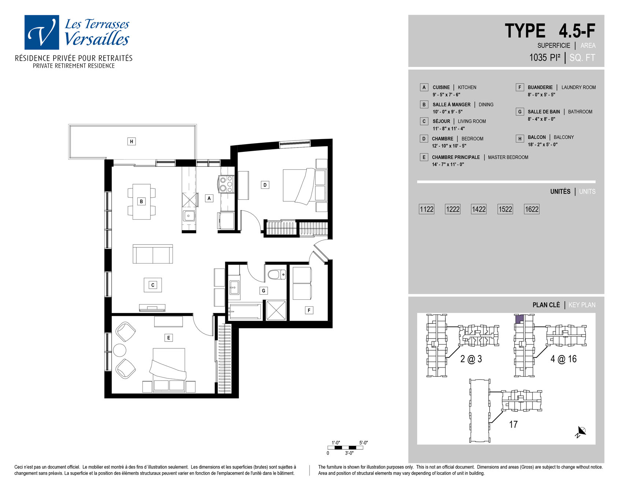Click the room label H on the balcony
coord(131,141)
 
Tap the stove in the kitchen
coord(226,184)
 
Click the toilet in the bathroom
coord(277,274)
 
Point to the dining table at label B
coord(141,202)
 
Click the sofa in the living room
coord(152,254)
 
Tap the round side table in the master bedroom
coord(120,350)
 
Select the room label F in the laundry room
coord(309,310)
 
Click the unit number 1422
coord(479,209)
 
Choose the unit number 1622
coord(532,209)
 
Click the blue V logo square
coord(42,32)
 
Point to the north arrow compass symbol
coord(581,432)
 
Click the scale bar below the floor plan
coord(345,448)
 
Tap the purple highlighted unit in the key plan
coord(519,319)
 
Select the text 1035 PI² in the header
coord(545,57)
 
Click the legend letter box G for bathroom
coord(519,112)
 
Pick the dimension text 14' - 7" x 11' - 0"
coord(448,164)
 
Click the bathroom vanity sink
coord(234,288)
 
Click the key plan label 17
coord(514,424)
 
